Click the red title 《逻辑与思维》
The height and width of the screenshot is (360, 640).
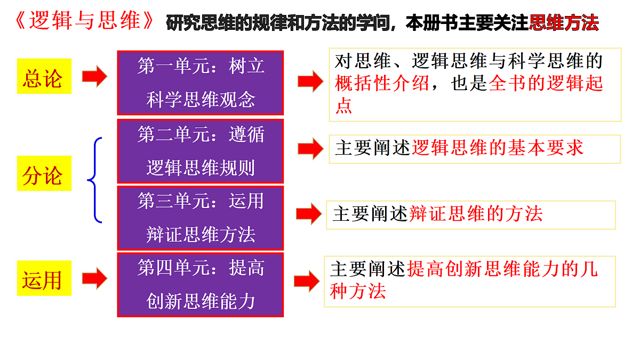84,21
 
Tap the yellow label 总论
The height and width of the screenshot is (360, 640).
44,76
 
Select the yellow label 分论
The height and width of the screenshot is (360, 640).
44,173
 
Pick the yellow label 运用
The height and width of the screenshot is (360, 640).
44,278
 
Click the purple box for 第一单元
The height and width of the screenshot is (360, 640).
201,83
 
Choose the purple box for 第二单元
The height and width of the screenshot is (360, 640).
201,151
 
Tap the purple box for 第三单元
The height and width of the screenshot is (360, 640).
201,218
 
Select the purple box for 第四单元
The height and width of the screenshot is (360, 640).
201,285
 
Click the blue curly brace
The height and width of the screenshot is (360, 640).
95,180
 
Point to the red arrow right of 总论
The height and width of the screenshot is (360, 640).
94,76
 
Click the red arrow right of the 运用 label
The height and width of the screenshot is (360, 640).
94,278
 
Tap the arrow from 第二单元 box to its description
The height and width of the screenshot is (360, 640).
310,149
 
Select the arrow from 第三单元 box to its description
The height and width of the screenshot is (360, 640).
309,214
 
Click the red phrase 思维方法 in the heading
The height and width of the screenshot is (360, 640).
564,22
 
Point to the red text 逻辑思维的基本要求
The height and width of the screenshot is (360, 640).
498,148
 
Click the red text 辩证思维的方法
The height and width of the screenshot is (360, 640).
476,213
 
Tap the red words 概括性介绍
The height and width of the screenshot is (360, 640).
382,83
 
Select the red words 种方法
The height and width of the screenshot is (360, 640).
358,291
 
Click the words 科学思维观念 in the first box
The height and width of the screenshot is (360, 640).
201,99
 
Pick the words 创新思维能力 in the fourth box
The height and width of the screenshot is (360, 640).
201,301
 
